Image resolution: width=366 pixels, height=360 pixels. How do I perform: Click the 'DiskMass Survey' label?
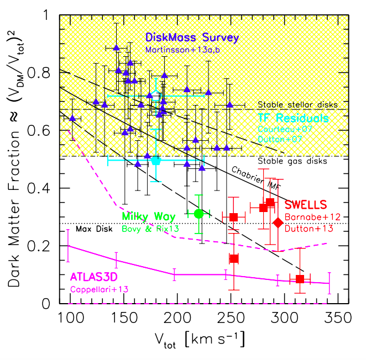[x=191, y=38]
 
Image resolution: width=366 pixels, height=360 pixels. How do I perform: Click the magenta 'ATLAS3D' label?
[x=95, y=276]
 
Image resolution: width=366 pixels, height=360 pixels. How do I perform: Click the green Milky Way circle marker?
[x=199, y=214]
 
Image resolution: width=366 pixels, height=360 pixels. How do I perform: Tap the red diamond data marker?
[x=278, y=222]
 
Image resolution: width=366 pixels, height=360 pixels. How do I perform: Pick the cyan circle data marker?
[x=156, y=161]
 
